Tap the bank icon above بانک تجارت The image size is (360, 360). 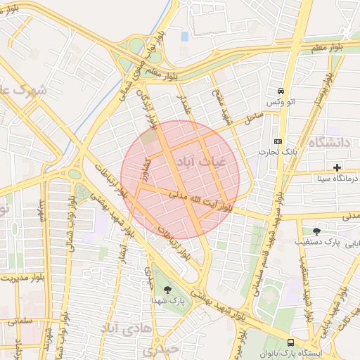(x=278, y=141)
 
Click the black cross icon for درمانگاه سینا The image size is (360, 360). (x=338, y=167)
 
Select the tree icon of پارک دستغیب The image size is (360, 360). (x=316, y=230)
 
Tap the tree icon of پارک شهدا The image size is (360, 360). (x=167, y=289)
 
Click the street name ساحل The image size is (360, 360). (x=252, y=119)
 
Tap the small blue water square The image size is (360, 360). (x=185, y=36)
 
